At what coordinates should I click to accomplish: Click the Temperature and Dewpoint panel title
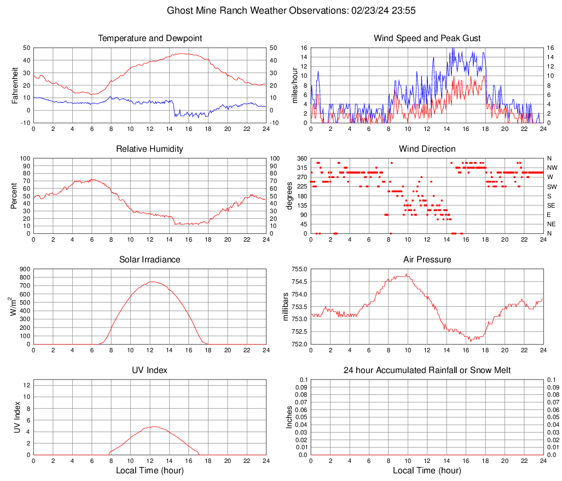150,38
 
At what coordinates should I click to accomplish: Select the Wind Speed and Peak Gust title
427,38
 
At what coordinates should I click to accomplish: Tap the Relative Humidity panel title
150,149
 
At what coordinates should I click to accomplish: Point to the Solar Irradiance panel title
150,260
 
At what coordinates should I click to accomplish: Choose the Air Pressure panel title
427,260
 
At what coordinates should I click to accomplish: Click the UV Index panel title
150,370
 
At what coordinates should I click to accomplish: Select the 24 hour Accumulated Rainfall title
427,370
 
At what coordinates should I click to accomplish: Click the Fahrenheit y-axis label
15,85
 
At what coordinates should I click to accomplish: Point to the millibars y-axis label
285,306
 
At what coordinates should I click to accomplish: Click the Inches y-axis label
289,417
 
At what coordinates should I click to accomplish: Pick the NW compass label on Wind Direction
552,168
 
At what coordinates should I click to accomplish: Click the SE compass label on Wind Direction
552,205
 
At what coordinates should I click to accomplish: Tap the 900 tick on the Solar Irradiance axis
24,269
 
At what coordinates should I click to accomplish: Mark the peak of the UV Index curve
154,426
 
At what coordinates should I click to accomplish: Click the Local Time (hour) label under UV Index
150,471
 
